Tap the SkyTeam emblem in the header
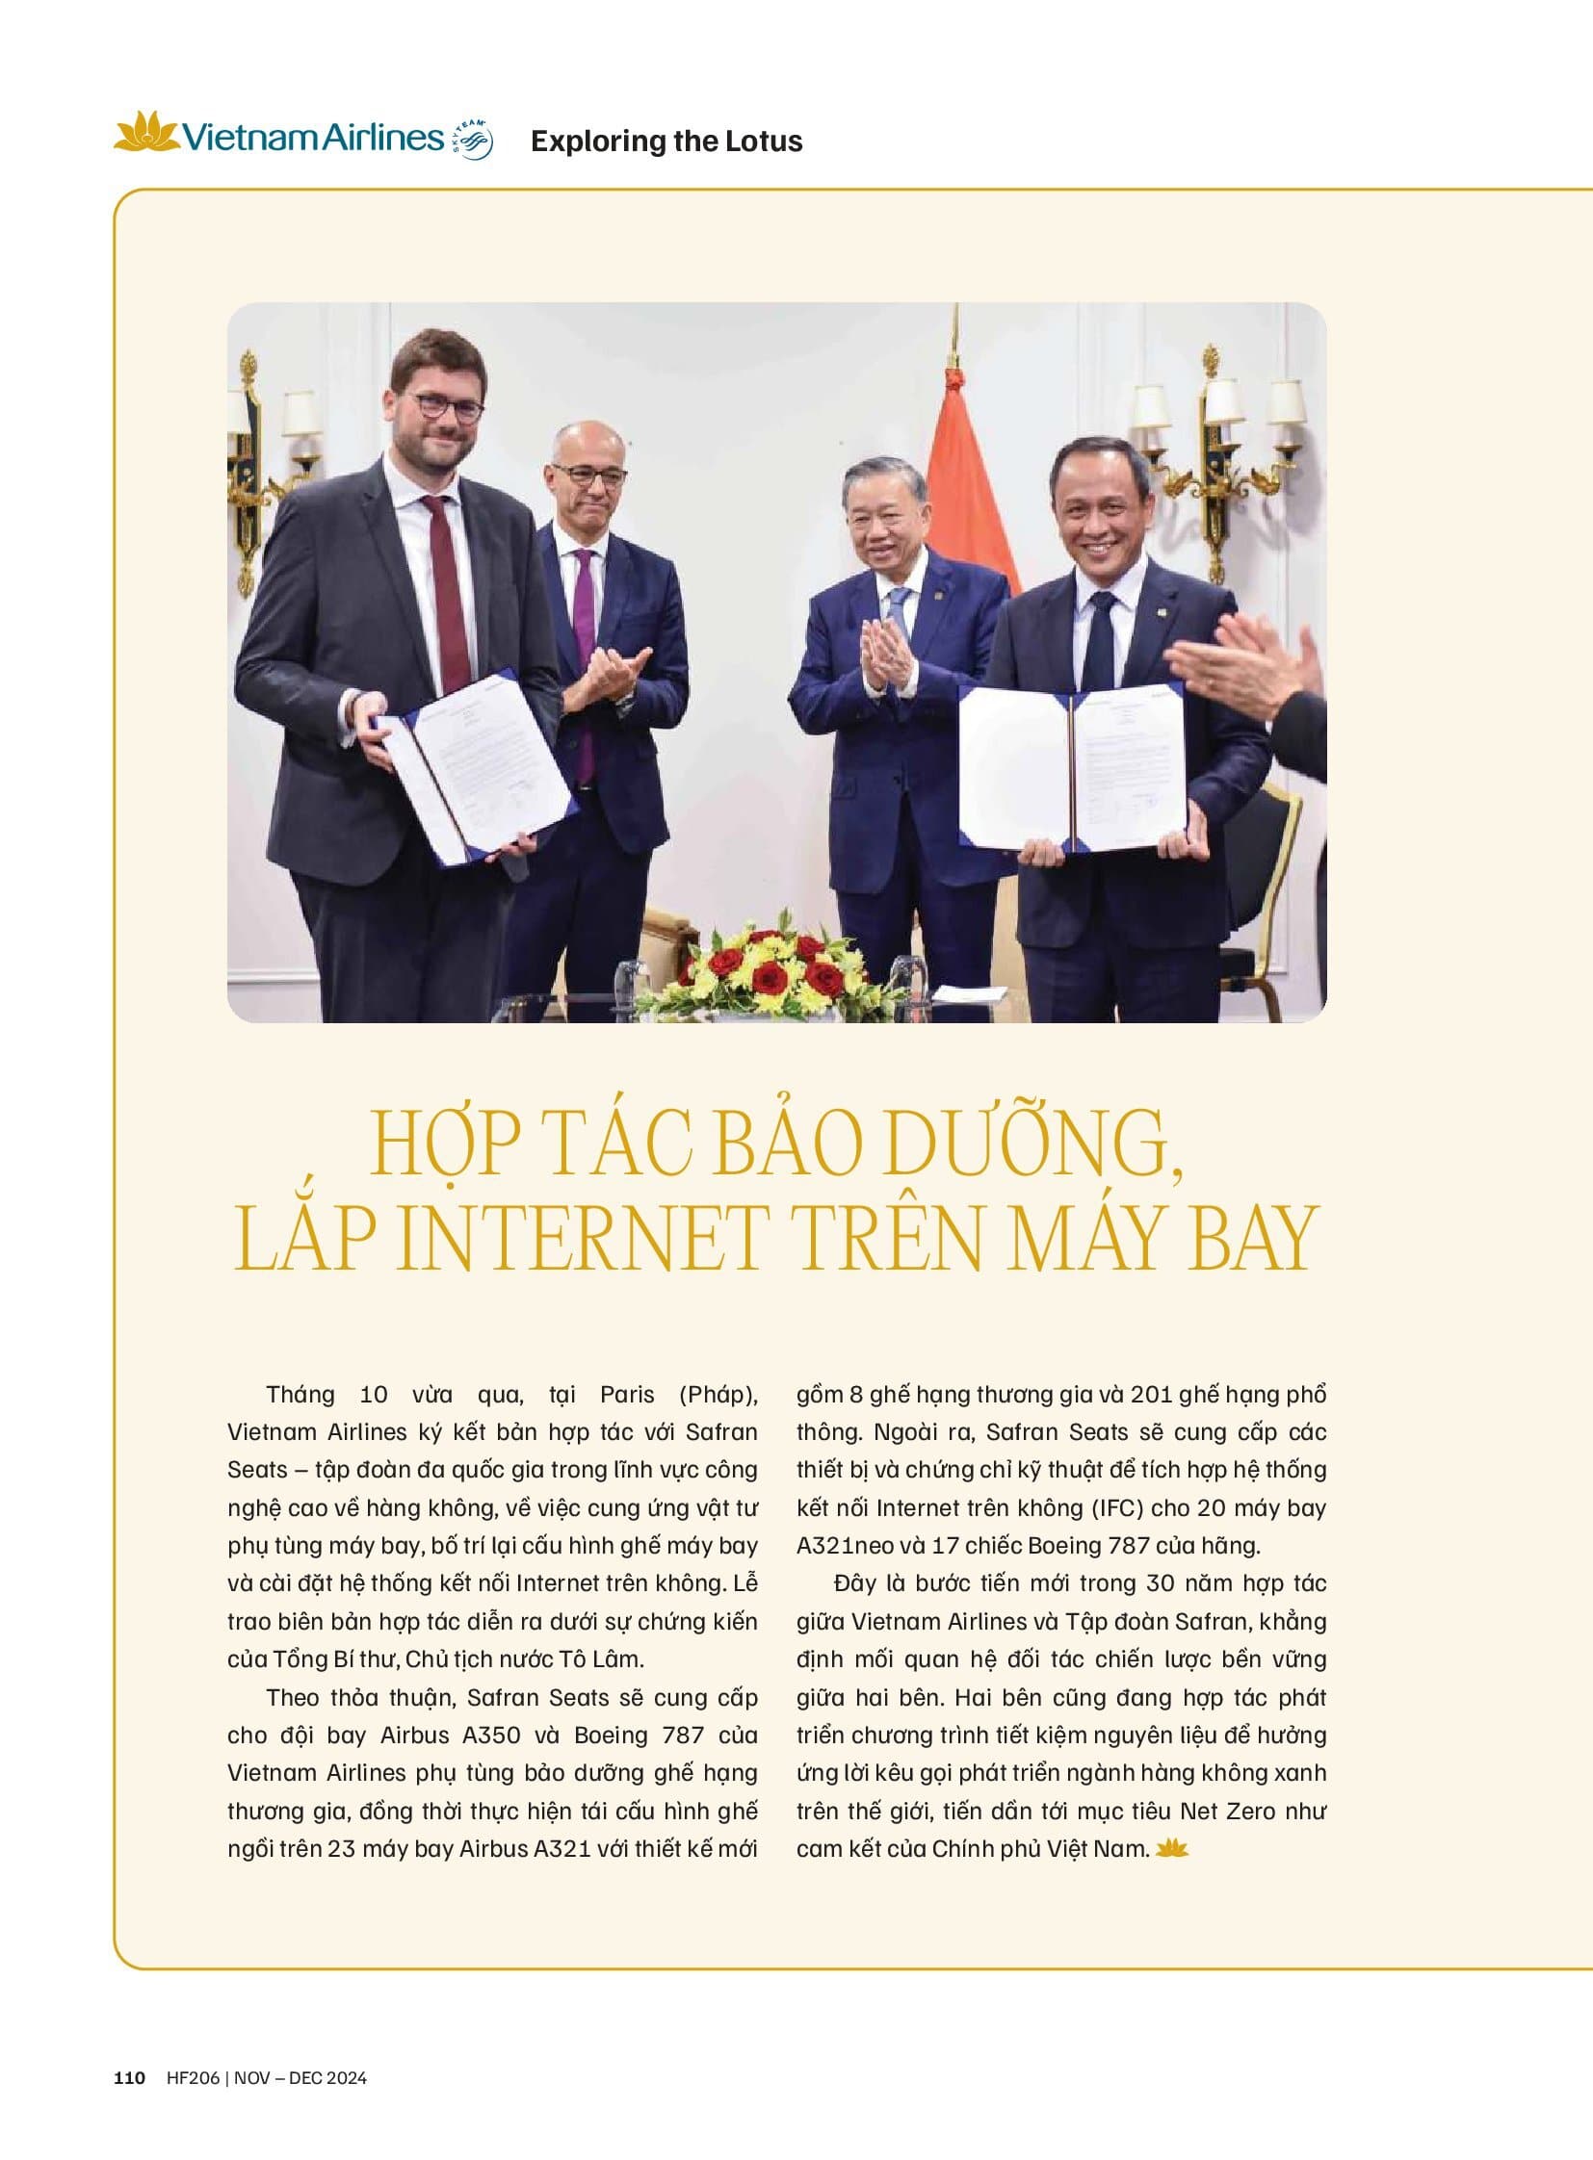point(474,139)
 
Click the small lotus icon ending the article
point(1173,1848)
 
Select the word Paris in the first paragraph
point(627,1395)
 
